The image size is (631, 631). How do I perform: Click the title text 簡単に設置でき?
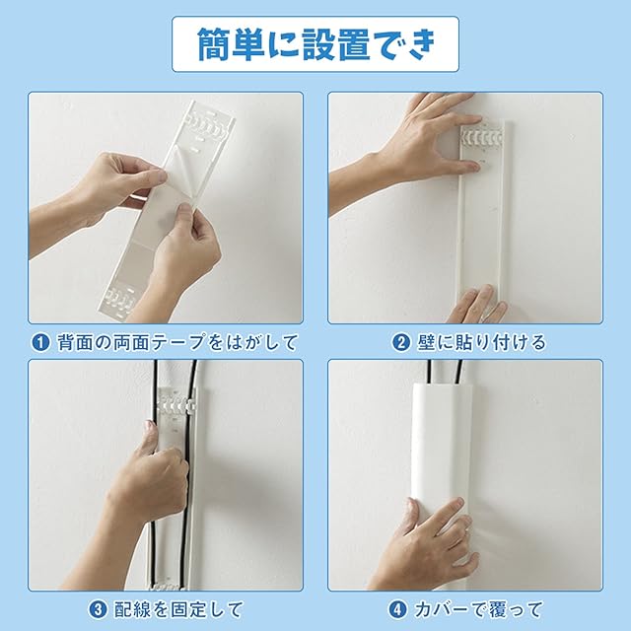tap(316, 44)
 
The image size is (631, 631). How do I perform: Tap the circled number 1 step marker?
tap(40, 342)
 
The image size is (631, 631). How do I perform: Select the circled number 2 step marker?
tap(400, 342)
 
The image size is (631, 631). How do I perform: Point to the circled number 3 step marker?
tap(98, 609)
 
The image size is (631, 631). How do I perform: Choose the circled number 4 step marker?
tap(397, 609)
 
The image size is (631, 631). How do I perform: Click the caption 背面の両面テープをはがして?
tap(177, 342)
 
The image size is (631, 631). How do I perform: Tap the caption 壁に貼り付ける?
tap(481, 342)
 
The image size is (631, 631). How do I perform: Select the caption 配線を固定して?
tap(178, 609)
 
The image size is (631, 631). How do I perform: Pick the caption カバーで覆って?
tap(478, 609)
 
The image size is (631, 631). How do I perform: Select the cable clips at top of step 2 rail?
tap(482, 137)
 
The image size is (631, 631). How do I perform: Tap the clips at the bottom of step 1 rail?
tap(119, 301)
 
